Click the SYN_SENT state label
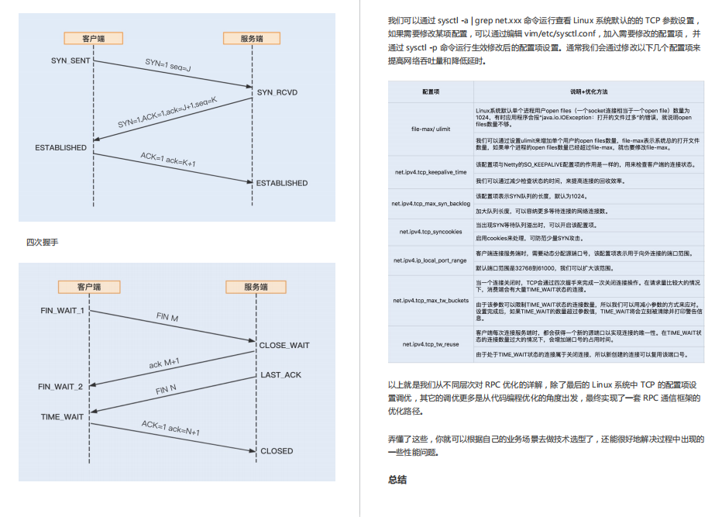coord(69,60)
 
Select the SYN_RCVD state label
coord(277,92)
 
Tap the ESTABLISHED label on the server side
coord(282,183)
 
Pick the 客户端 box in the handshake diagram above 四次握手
coord(94,38)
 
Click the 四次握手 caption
coord(42,243)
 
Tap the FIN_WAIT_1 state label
coord(63,310)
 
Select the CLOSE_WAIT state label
coord(284,345)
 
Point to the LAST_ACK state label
coord(281,375)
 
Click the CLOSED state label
coord(277,450)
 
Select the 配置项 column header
coord(431,91)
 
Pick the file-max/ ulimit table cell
coord(431,129)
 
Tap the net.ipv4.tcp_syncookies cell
coord(431,231)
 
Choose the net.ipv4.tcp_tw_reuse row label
coord(431,343)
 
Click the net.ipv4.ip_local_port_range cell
coord(431,260)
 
